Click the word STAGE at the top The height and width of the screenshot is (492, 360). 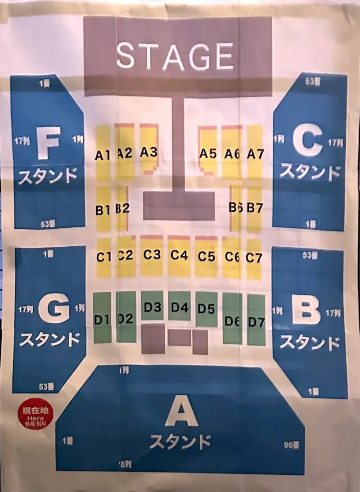[x=175, y=56]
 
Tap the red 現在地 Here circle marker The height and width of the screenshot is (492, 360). [x=35, y=416]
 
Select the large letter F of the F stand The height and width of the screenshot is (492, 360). [x=49, y=143]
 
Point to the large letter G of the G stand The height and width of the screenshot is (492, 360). [x=54, y=310]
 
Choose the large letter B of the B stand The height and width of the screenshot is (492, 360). [x=306, y=310]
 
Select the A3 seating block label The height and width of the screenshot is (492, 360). [x=148, y=152]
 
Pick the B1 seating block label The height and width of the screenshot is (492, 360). [x=103, y=210]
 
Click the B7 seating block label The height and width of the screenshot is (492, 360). [x=255, y=208]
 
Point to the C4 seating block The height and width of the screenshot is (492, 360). [x=179, y=255]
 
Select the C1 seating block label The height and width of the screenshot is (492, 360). [x=103, y=257]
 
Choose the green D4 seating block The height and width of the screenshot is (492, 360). [x=180, y=307]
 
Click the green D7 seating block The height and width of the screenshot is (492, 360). [x=256, y=321]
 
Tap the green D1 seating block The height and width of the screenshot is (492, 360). [x=102, y=320]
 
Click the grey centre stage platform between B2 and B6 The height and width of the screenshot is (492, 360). [x=179, y=206]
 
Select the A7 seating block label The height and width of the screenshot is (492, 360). [x=255, y=154]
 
